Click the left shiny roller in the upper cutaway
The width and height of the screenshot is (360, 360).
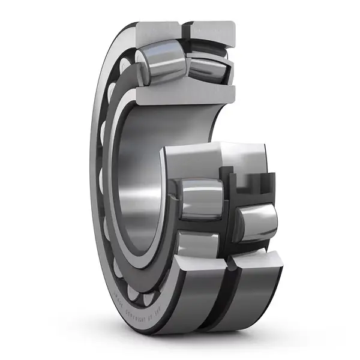tap(159, 66)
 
